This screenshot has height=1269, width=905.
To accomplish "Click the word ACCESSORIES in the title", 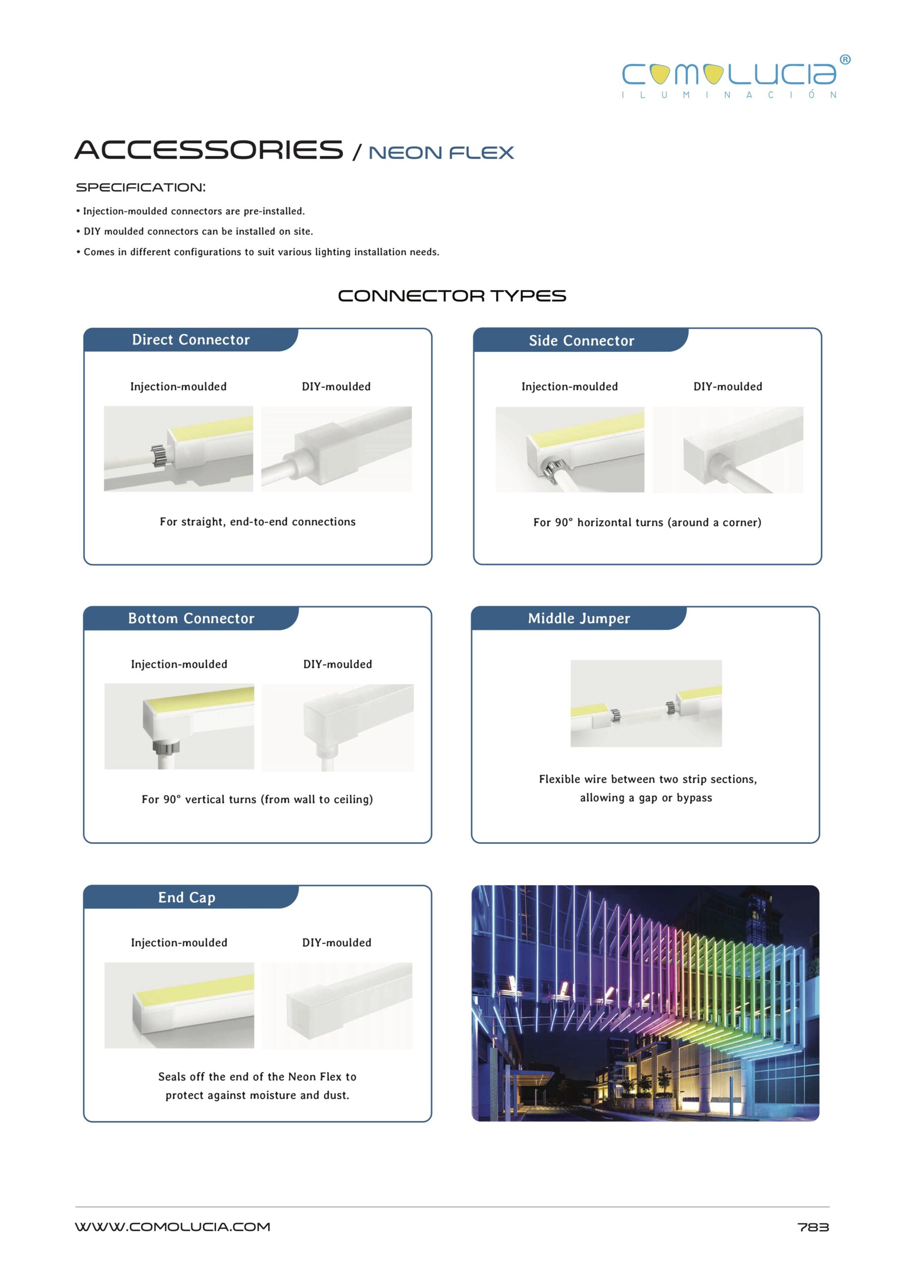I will coord(209,150).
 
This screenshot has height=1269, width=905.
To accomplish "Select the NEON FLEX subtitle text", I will coord(441,153).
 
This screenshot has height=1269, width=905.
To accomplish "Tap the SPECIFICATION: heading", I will coord(140,188).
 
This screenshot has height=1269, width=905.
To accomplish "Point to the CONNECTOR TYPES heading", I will coord(452,296).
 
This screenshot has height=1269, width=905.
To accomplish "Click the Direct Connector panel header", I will coord(190,340).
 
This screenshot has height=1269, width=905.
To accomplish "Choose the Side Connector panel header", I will coord(581,341).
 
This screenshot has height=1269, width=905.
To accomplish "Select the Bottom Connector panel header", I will coord(191,618).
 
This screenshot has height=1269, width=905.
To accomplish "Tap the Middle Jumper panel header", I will coord(579,618).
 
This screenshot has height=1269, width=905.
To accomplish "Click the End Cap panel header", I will coord(186,897).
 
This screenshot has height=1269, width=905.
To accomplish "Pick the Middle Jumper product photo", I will coord(646,703).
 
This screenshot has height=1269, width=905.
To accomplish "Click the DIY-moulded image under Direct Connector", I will coord(336,449).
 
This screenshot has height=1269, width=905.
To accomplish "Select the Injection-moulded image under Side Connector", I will coord(569,450).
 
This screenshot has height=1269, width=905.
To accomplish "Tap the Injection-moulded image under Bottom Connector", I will coord(179,726).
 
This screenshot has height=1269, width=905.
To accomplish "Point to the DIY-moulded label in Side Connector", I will coord(727,387).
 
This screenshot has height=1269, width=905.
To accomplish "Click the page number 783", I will coord(813,1227).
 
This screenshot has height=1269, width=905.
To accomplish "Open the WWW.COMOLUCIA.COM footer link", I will coord(173,1227).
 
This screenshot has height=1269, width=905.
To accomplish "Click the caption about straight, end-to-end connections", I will coord(257,522).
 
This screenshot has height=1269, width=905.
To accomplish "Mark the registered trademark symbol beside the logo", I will coord(845,60).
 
